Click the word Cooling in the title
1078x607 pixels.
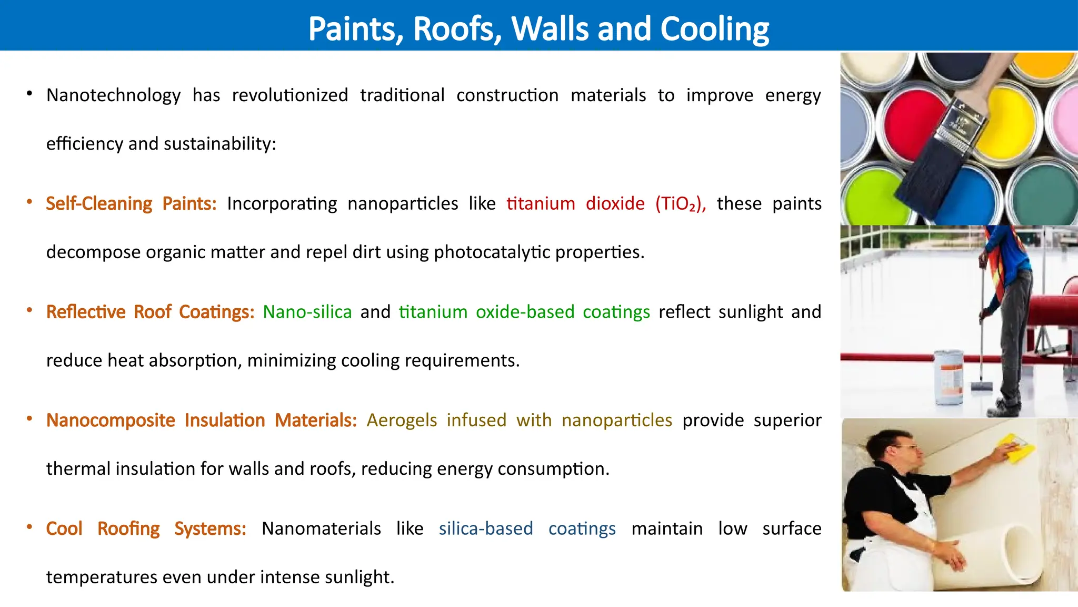coord(714,28)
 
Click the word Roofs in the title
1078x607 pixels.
coord(457,28)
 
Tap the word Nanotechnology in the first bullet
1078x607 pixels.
coord(113,95)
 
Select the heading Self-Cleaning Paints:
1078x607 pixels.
coord(131,203)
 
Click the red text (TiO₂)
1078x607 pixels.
coord(680,203)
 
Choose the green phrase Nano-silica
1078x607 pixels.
coord(307,312)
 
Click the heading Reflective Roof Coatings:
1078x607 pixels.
coord(150,312)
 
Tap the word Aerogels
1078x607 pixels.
coord(402,420)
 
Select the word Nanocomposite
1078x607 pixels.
coord(111,420)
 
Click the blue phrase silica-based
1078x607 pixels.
coord(486,528)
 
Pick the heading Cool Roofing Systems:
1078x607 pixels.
coord(146,528)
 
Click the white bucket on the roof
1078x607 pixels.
coord(948,377)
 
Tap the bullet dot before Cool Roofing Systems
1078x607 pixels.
coord(30,527)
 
